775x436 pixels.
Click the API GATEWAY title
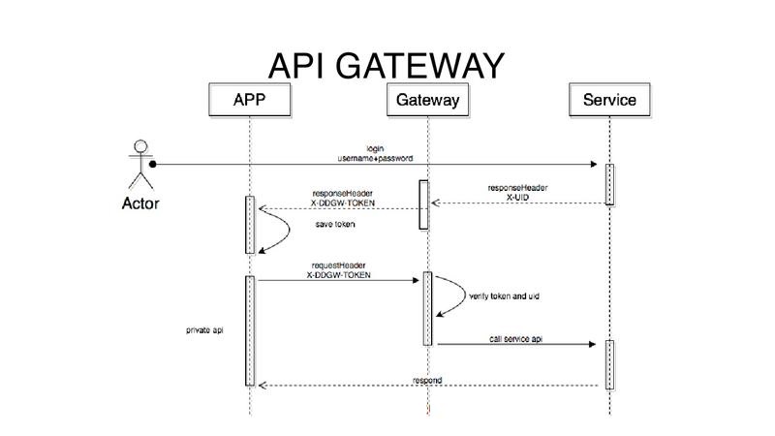[x=386, y=66]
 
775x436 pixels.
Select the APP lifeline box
[x=250, y=100]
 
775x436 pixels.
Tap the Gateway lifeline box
[x=427, y=100]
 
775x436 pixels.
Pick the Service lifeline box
[x=609, y=100]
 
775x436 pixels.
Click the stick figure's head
[x=140, y=146]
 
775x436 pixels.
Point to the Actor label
[x=140, y=203]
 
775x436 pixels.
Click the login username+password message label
[x=375, y=153]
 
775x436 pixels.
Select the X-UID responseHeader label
[x=517, y=192]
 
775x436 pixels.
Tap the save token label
[x=335, y=225]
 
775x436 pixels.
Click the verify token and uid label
[x=504, y=296]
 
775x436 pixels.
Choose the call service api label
[x=515, y=338]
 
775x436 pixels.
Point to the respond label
[x=427, y=380]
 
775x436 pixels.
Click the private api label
[x=204, y=330]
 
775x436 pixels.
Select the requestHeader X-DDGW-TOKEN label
[x=338, y=270]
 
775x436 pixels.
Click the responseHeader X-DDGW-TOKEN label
[x=343, y=199]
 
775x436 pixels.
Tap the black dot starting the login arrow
[x=153, y=164]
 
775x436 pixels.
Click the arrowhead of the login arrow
[x=594, y=164]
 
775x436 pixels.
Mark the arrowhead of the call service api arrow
[x=593, y=344]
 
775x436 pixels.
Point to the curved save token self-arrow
[x=289, y=230]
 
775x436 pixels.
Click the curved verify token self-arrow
[x=465, y=296]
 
